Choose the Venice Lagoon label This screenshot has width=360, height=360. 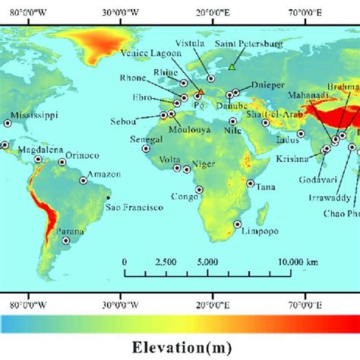(x=150, y=54)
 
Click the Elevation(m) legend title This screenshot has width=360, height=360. (x=179, y=347)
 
